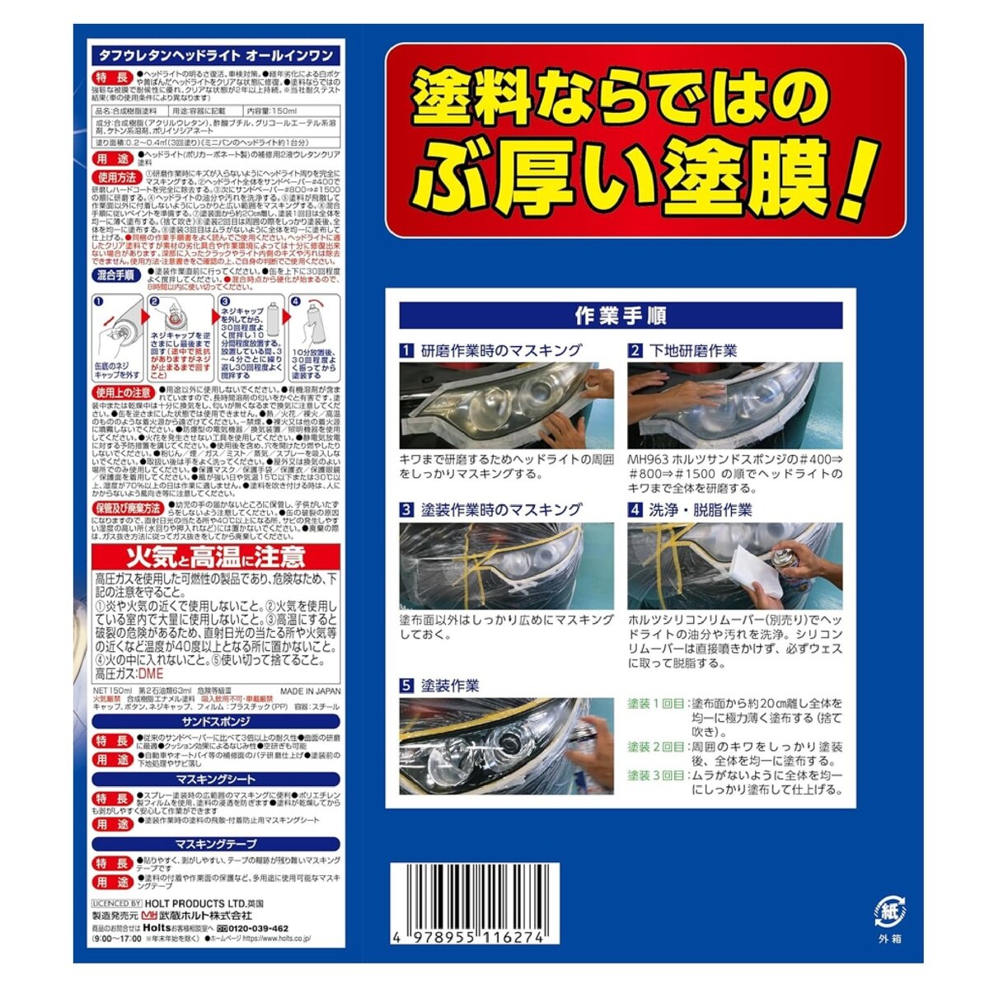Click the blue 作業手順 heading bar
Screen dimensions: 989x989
(x=621, y=316)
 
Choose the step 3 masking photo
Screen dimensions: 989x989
(x=507, y=565)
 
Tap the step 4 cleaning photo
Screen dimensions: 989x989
(x=735, y=565)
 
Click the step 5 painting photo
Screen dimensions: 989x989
(x=507, y=747)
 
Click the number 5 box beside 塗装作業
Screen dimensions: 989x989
(x=406, y=686)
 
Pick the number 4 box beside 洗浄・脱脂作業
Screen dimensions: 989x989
(x=635, y=510)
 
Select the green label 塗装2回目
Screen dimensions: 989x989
(x=656, y=747)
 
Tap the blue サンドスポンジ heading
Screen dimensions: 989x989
(x=216, y=722)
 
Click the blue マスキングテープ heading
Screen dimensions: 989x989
(x=216, y=844)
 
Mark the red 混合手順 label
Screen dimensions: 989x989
(x=116, y=275)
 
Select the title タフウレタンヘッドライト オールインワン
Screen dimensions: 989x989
(x=216, y=55)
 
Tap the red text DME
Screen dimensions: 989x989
(x=153, y=673)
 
